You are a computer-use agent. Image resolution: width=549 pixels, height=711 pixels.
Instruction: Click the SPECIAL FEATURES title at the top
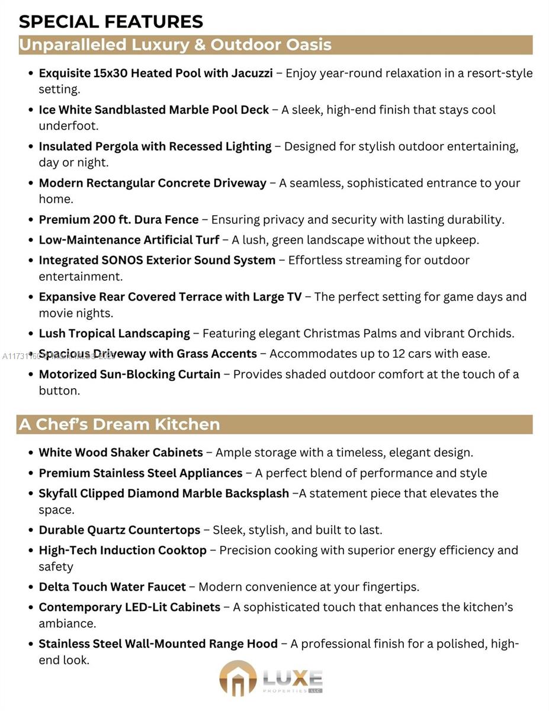[111, 21]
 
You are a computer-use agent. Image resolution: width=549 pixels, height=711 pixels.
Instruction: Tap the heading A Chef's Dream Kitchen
[119, 424]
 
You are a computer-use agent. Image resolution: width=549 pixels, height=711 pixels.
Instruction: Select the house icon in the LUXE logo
[238, 678]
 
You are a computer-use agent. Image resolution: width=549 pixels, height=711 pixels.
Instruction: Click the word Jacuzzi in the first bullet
[251, 73]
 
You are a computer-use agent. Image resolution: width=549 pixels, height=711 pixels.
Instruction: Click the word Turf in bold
[206, 240]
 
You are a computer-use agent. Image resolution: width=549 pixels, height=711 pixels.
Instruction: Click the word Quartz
[105, 530]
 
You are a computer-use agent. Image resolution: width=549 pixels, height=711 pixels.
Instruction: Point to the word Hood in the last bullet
[261, 644]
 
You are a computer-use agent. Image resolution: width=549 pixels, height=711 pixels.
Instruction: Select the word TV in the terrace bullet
[294, 297]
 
